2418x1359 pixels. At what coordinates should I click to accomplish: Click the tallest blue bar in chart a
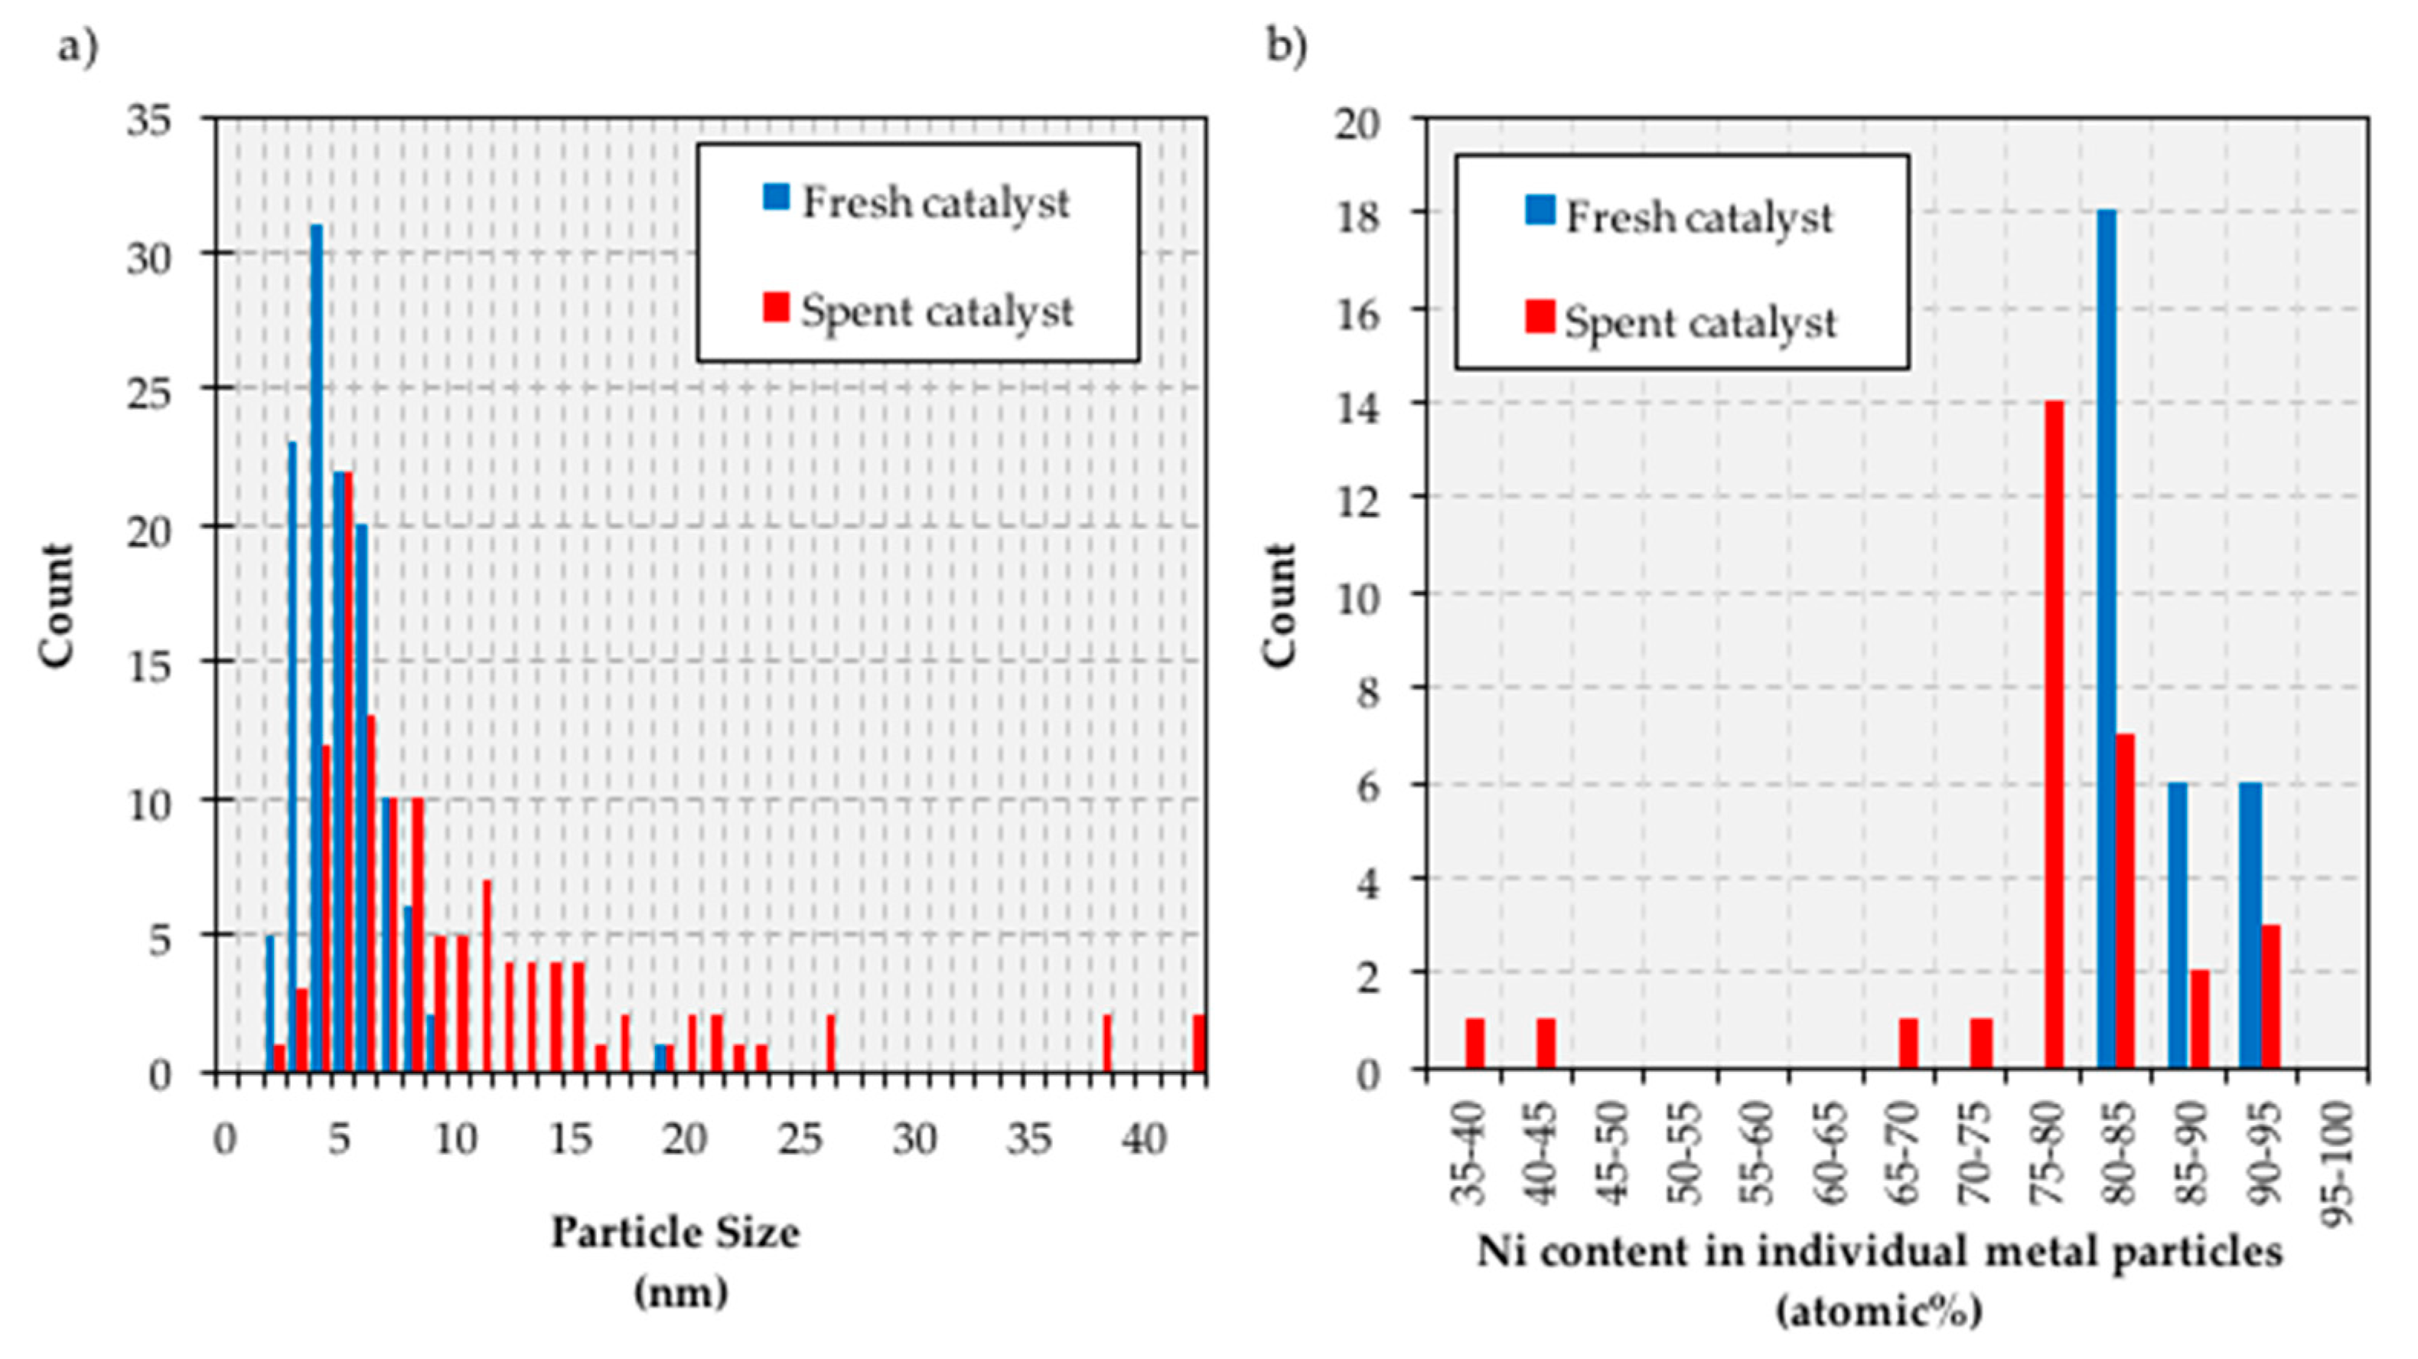[x=316, y=648]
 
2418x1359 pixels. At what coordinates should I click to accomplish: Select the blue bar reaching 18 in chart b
[x=2107, y=639]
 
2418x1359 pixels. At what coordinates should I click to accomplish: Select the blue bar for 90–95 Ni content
[x=2250, y=925]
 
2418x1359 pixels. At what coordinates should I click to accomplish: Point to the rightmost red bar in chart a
[x=1199, y=1043]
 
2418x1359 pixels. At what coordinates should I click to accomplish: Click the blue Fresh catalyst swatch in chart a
[x=776, y=198]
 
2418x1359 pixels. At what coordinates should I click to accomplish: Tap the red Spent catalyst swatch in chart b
[x=1540, y=316]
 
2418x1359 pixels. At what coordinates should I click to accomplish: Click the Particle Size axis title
[x=676, y=1232]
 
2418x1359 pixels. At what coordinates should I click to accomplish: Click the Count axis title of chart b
[x=1279, y=606]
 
